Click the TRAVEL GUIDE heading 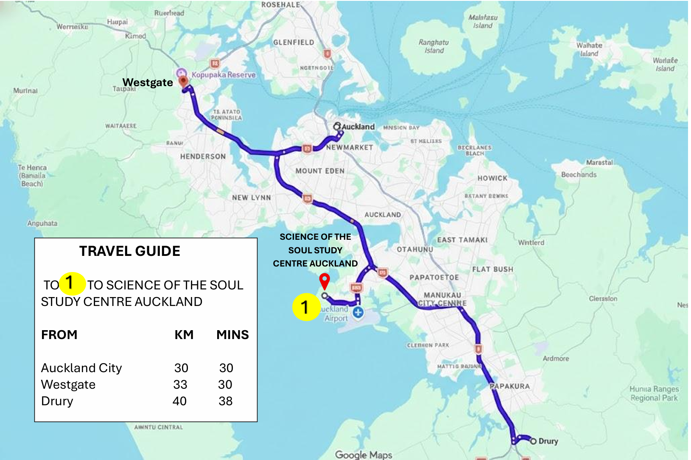click(x=130, y=251)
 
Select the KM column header click(x=184, y=335)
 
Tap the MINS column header click(x=232, y=335)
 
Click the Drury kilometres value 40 click(x=179, y=401)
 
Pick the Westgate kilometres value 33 click(x=180, y=384)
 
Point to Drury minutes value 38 click(x=226, y=401)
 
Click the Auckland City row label click(x=81, y=368)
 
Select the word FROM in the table click(x=59, y=335)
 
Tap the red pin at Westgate click(x=183, y=81)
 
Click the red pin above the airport click(x=325, y=281)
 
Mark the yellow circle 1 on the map click(x=305, y=307)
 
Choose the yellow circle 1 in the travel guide click(x=72, y=283)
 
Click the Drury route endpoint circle click(x=533, y=441)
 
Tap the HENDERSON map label click(x=203, y=157)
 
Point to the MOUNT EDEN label click(x=320, y=171)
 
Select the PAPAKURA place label click(x=510, y=386)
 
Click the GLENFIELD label click(x=294, y=42)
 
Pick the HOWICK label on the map click(x=492, y=178)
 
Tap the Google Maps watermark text click(x=364, y=454)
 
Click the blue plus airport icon click(x=358, y=313)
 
